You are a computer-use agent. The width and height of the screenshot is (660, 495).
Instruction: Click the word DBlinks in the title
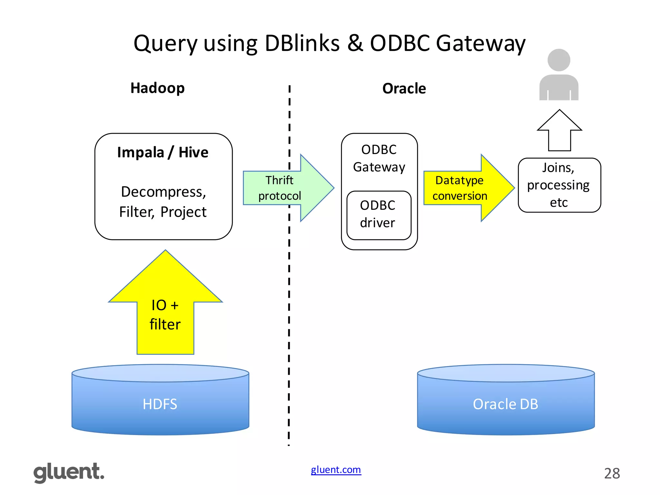coord(302,43)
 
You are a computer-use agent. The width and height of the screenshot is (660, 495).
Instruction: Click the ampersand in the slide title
coord(355,43)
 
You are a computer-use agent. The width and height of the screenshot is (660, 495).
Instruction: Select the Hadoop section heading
coord(157,88)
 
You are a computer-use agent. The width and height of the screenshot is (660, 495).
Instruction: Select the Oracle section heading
coord(404,88)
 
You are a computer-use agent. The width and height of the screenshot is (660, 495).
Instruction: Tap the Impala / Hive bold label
coord(163,152)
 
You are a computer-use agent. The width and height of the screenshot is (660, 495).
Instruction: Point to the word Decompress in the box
coord(163,192)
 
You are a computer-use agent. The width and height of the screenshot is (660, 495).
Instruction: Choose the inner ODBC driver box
coord(379,215)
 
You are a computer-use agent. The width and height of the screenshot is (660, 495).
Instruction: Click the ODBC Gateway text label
coord(379,158)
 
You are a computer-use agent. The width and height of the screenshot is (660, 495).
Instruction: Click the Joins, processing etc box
coord(559,185)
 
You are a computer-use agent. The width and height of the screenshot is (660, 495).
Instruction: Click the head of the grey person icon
coord(559,60)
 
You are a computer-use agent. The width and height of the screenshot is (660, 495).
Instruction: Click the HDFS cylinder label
coord(160,404)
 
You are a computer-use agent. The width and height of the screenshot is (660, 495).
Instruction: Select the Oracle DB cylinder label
coord(505,404)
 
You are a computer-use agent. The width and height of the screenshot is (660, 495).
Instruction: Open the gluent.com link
coord(336,470)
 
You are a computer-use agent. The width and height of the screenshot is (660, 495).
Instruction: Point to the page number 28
coord(612,473)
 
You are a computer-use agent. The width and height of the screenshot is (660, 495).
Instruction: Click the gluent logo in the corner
coord(69,472)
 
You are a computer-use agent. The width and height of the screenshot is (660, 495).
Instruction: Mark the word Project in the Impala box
coord(183,212)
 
